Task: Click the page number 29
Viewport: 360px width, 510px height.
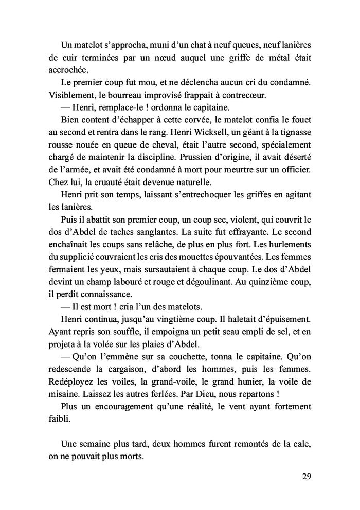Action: tap(306, 476)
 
